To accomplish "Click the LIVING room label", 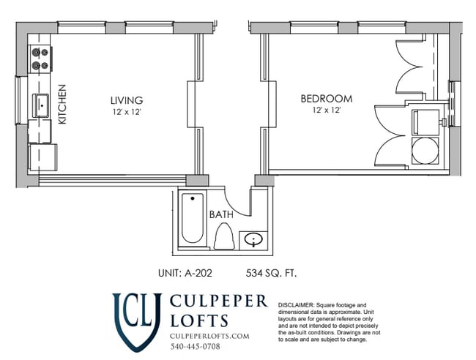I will pyautogui.click(x=126, y=100).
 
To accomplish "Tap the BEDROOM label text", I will pyautogui.click(x=326, y=99).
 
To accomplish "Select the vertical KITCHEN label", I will pyautogui.click(x=62, y=104).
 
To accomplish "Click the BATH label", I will pyautogui.click(x=221, y=215).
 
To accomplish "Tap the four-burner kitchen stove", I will pyautogui.click(x=40, y=59).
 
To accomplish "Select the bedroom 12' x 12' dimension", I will pyautogui.click(x=327, y=110).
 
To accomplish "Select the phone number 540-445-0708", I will pyautogui.click(x=196, y=346).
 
